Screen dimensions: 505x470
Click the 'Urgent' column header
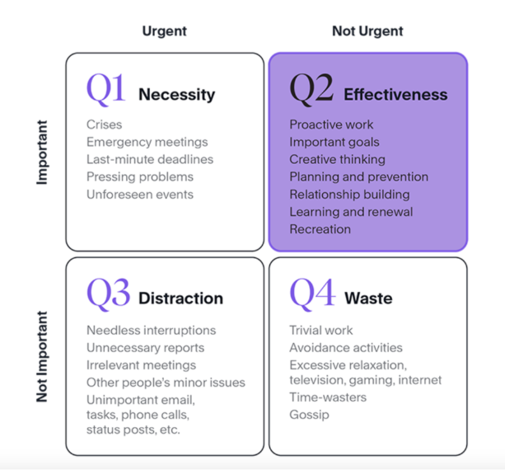click(164, 31)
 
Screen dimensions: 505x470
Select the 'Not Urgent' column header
click(367, 31)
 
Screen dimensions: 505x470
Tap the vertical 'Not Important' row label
click(42, 356)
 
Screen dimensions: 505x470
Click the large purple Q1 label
click(106, 89)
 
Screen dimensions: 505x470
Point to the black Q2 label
click(311, 89)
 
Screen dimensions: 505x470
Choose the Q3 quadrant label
click(108, 294)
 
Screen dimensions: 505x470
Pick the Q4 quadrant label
click(312, 294)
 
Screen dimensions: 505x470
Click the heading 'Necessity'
click(177, 95)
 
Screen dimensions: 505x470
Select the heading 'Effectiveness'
click(395, 95)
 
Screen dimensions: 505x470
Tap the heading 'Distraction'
click(180, 298)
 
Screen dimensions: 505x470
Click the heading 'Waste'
click(368, 298)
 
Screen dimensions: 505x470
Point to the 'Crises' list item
click(104, 125)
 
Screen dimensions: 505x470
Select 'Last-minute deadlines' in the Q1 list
click(150, 160)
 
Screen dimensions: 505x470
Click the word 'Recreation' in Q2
click(320, 229)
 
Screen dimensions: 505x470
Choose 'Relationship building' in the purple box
click(349, 195)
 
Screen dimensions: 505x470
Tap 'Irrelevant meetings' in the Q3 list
click(141, 365)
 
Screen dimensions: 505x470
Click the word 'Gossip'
click(309, 415)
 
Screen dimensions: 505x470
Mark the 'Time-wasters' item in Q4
click(328, 397)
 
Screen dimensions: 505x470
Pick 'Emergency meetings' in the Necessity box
click(147, 142)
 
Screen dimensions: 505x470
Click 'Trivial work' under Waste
click(320, 331)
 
